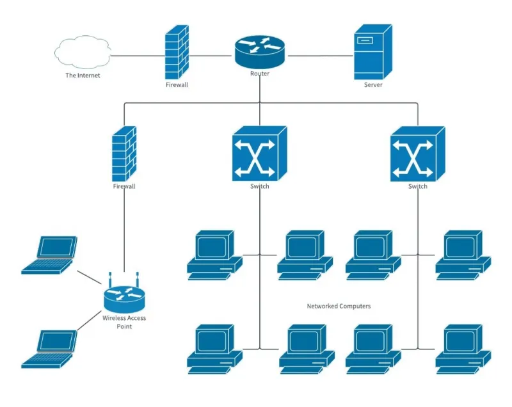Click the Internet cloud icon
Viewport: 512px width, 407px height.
pyautogui.click(x=83, y=52)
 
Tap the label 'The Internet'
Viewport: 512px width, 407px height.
pyautogui.click(x=83, y=76)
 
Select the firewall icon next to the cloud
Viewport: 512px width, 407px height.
pyautogui.click(x=177, y=52)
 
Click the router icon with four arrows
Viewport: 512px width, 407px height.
pyautogui.click(x=260, y=52)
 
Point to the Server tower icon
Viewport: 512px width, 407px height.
pyautogui.click(x=373, y=52)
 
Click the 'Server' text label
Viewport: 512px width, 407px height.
pyautogui.click(x=373, y=85)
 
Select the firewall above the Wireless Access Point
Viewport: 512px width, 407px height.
pyautogui.click(x=124, y=154)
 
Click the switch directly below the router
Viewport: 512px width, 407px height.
pyautogui.click(x=260, y=154)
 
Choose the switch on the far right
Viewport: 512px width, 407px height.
pyautogui.click(x=418, y=154)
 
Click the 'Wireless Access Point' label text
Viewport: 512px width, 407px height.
pyautogui.click(x=124, y=322)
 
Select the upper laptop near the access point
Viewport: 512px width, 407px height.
pyautogui.click(x=49, y=255)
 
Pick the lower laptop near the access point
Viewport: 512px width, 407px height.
pyautogui.click(x=49, y=349)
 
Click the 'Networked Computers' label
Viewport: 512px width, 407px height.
pyautogui.click(x=339, y=306)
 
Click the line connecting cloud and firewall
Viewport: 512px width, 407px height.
pyautogui.click(x=138, y=56)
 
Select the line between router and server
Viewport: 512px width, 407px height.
pyautogui.click(x=321, y=56)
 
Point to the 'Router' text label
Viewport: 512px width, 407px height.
pyautogui.click(x=260, y=74)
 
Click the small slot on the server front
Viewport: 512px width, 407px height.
pyautogui.click(x=365, y=40)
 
